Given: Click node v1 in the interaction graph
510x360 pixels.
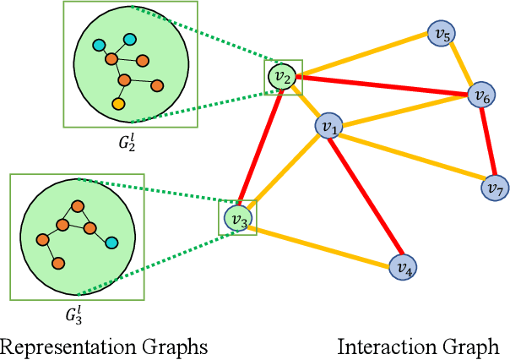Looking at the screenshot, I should [x=327, y=127].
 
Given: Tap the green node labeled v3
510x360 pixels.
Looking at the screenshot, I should [x=237, y=219].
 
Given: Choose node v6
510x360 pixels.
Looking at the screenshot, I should [x=481, y=95].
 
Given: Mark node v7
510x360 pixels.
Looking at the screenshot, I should [x=495, y=188].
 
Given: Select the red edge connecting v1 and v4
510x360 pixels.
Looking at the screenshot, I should [x=365, y=196].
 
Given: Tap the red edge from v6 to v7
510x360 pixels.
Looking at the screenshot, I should [x=488, y=141].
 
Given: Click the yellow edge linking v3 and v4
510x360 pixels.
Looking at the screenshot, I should [x=321, y=243].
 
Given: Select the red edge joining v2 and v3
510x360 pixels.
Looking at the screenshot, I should [x=259, y=148].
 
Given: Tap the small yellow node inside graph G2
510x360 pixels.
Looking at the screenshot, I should [x=118, y=103].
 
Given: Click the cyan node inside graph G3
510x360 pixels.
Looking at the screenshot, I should [x=111, y=243].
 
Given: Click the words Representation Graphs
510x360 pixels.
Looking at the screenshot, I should [x=104, y=346].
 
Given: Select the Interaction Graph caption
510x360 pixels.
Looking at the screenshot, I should [x=418, y=346].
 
